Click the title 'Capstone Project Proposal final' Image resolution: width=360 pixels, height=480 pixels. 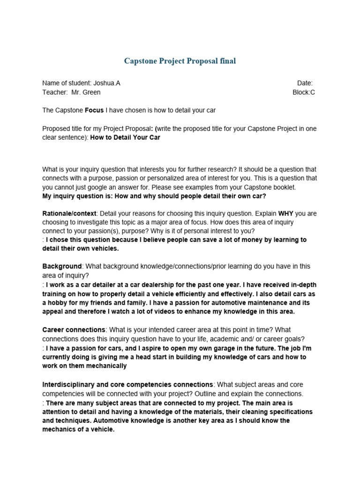(180, 61)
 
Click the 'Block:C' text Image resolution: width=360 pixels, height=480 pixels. (304, 92)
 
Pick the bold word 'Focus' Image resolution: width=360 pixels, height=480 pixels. (94, 110)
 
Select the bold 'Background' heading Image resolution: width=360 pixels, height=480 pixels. (62, 266)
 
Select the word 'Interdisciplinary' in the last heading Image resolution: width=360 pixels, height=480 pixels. (69, 385)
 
